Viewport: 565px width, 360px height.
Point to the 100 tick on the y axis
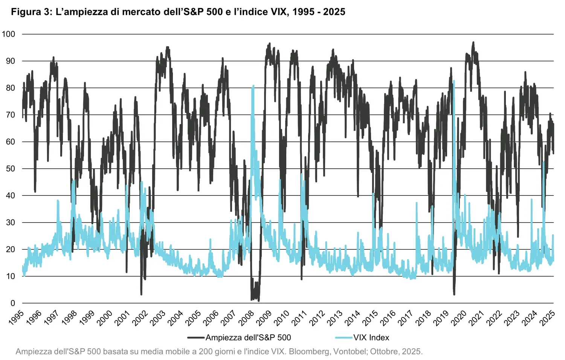tap(8, 34)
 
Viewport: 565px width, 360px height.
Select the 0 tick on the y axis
tap(13, 303)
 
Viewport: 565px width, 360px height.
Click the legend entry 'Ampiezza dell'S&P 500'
tap(248, 338)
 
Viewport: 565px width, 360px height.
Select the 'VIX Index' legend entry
tap(371, 338)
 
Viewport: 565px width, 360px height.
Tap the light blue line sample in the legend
tap(344, 338)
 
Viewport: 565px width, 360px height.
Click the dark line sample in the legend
tap(196, 338)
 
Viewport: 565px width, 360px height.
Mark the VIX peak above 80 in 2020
tap(454, 81)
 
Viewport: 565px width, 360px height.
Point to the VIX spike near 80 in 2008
tap(253, 86)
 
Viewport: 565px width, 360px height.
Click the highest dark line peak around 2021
tap(473, 43)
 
